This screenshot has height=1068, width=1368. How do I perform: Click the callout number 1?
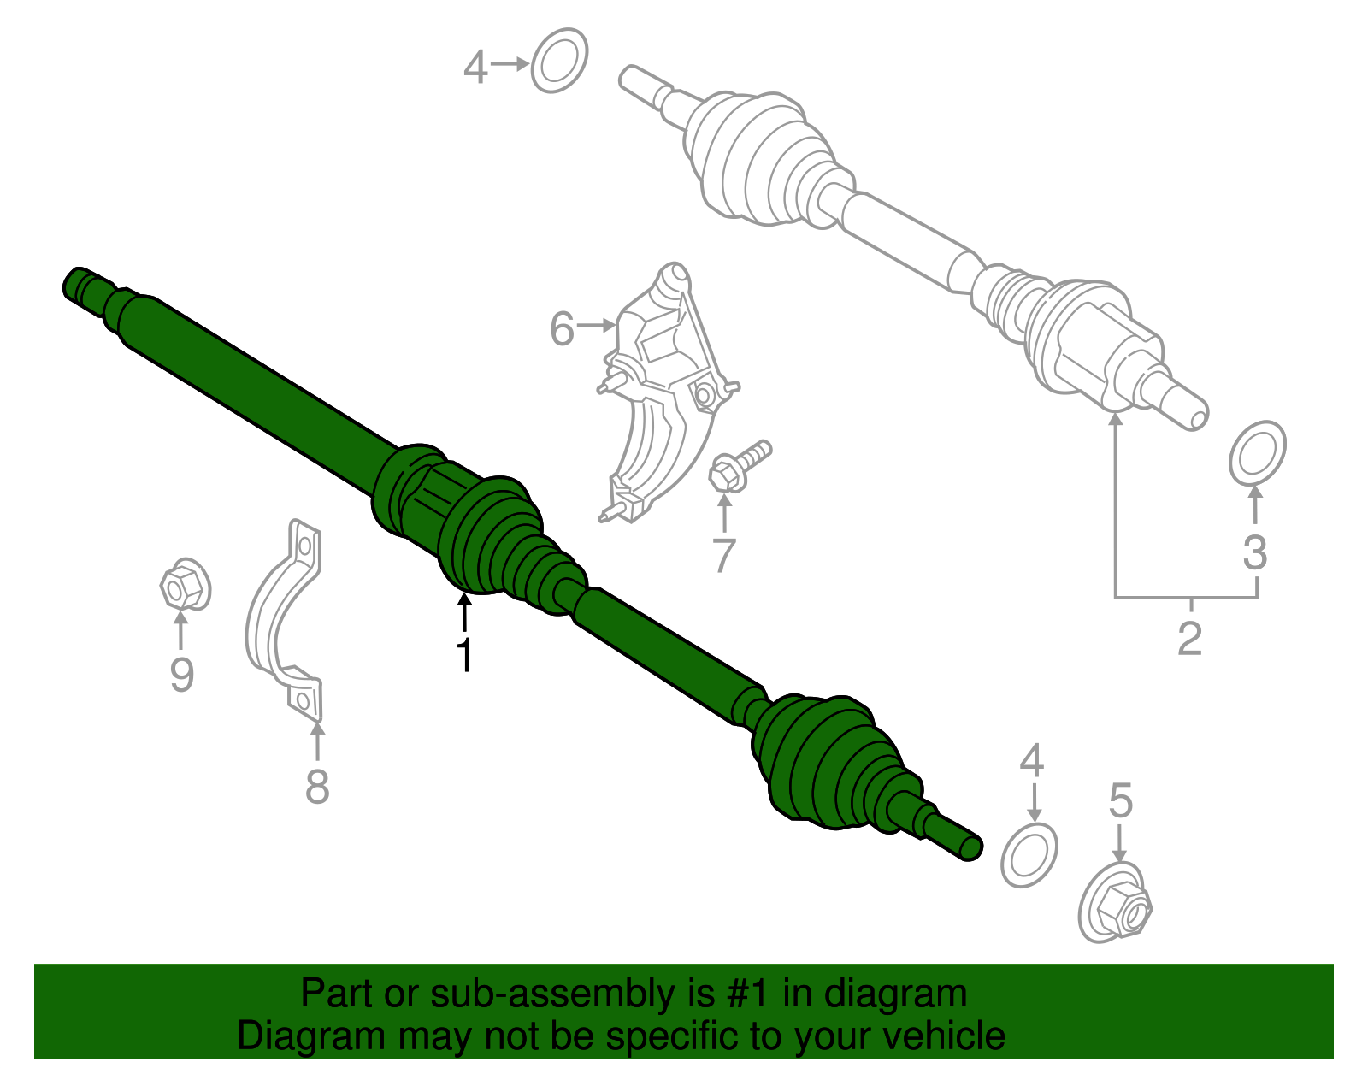(464, 656)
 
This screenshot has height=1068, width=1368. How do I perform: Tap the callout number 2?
(1189, 638)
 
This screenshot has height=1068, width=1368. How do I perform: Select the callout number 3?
(1254, 552)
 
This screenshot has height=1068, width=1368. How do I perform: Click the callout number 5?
(1120, 801)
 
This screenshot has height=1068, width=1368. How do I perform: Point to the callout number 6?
(562, 329)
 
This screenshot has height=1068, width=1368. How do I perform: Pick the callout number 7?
(723, 556)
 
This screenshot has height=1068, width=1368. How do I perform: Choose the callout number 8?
(317, 786)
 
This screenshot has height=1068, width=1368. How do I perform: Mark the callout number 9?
(181, 675)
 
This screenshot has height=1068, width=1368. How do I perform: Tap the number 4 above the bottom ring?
(1031, 760)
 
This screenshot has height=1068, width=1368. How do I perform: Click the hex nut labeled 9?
(185, 586)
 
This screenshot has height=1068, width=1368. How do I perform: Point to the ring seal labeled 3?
(1257, 453)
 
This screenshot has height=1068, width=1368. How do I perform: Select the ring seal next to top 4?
(559, 61)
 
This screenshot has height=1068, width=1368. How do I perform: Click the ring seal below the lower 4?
(1029, 856)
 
